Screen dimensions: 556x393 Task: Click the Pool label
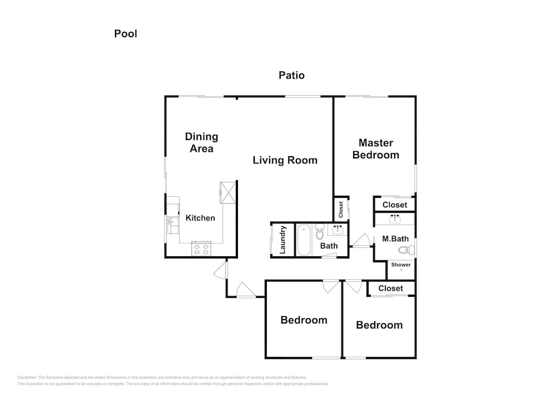tap(126, 34)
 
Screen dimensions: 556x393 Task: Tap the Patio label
tap(291, 75)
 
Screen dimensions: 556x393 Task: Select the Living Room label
tap(285, 160)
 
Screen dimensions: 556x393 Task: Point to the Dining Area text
tap(201, 142)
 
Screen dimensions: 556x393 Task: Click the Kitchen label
tap(200, 218)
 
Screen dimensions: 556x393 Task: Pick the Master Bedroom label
tap(376, 149)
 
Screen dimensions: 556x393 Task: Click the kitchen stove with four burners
tap(201, 248)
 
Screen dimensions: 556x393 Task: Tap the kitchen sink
tap(173, 226)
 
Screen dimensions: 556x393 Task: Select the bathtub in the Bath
tap(304, 240)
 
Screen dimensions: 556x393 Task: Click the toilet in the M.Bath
tap(406, 250)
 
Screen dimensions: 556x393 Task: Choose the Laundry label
tap(282, 240)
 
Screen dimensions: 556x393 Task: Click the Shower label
tap(401, 265)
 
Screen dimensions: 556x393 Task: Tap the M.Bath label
tap(395, 239)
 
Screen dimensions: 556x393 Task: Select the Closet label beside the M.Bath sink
tap(395, 205)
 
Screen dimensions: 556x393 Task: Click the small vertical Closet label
tap(341, 210)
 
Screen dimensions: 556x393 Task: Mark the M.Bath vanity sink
tap(395, 219)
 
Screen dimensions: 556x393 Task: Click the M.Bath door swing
tap(363, 240)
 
